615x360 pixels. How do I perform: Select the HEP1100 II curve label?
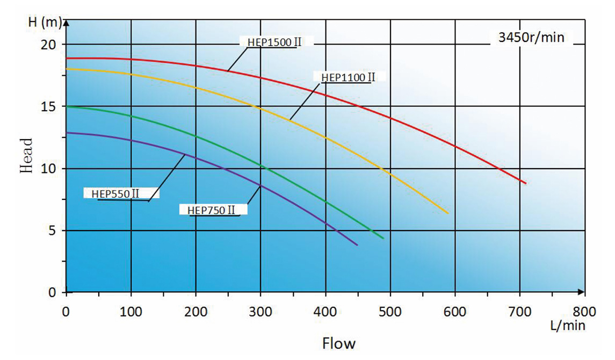(x=348, y=77)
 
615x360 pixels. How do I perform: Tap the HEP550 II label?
(x=112, y=193)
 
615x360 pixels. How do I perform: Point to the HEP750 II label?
(x=212, y=210)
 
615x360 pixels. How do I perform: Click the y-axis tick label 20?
(x=49, y=44)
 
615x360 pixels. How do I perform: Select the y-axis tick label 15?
(x=49, y=106)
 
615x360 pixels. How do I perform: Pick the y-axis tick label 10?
(x=49, y=169)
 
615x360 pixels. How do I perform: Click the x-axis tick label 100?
(x=131, y=311)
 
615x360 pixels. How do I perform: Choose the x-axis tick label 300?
(x=261, y=311)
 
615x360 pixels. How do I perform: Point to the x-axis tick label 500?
(x=390, y=311)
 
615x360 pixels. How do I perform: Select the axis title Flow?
(x=338, y=342)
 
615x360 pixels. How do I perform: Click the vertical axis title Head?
(x=27, y=155)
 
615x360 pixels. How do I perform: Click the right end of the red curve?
(x=525, y=183)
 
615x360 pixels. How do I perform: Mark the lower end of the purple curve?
(x=357, y=245)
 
